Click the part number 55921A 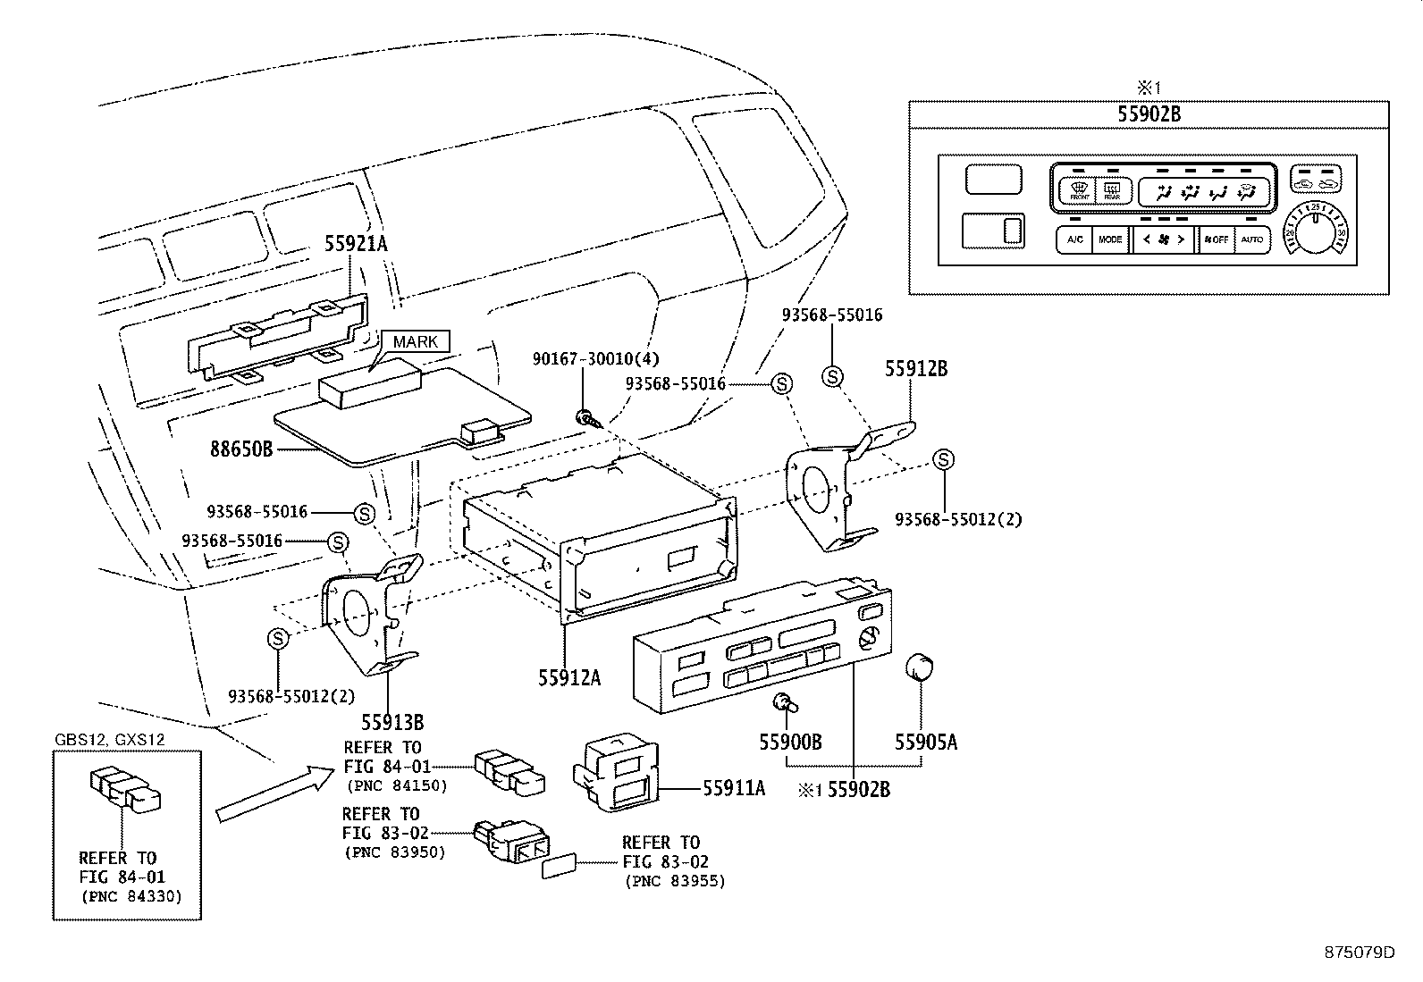pyautogui.click(x=356, y=243)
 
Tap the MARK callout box pyautogui.click(x=416, y=341)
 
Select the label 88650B pyautogui.click(x=241, y=449)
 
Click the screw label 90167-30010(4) pyautogui.click(x=595, y=358)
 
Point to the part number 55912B pyautogui.click(x=916, y=367)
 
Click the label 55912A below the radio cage pyautogui.click(x=569, y=678)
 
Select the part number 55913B pyautogui.click(x=392, y=721)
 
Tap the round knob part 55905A pyautogui.click(x=920, y=667)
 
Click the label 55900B pyautogui.click(x=790, y=742)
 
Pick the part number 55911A pyautogui.click(x=734, y=788)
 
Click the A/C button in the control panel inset pyautogui.click(x=1074, y=239)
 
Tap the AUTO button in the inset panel pyautogui.click(x=1251, y=239)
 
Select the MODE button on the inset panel pyautogui.click(x=1109, y=239)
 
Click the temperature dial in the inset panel pyautogui.click(x=1314, y=233)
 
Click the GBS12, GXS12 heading pyautogui.click(x=109, y=740)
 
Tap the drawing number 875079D pyautogui.click(x=1359, y=953)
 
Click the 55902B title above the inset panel pyautogui.click(x=1149, y=114)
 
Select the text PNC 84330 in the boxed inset pyautogui.click(x=131, y=895)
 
